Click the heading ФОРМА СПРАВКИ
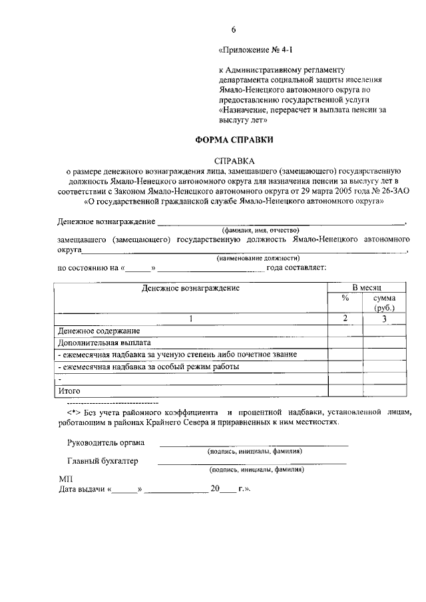[234, 140]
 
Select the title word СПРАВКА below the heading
[234, 160]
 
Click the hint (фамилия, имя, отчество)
[260, 229]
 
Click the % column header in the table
[345, 298]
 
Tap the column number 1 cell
[191, 319]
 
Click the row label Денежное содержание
[99, 331]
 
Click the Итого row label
[70, 391]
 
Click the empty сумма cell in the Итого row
[384, 391]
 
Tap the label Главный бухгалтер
[103, 461]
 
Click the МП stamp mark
[65, 479]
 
